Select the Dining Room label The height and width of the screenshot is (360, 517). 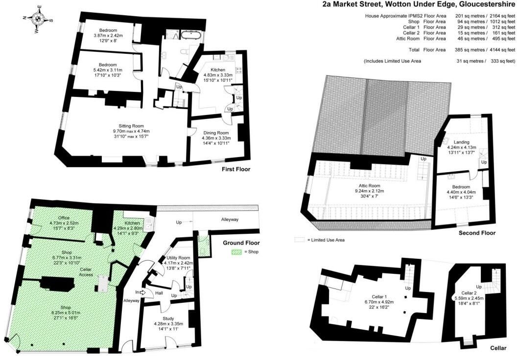pos(215,133)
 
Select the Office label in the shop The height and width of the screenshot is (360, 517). pos(64,218)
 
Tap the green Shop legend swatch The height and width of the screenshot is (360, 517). pos(237,252)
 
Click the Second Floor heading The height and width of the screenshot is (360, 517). pos(477,233)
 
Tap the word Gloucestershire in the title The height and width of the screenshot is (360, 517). pos(481,5)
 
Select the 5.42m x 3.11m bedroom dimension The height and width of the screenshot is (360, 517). pos(107,70)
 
